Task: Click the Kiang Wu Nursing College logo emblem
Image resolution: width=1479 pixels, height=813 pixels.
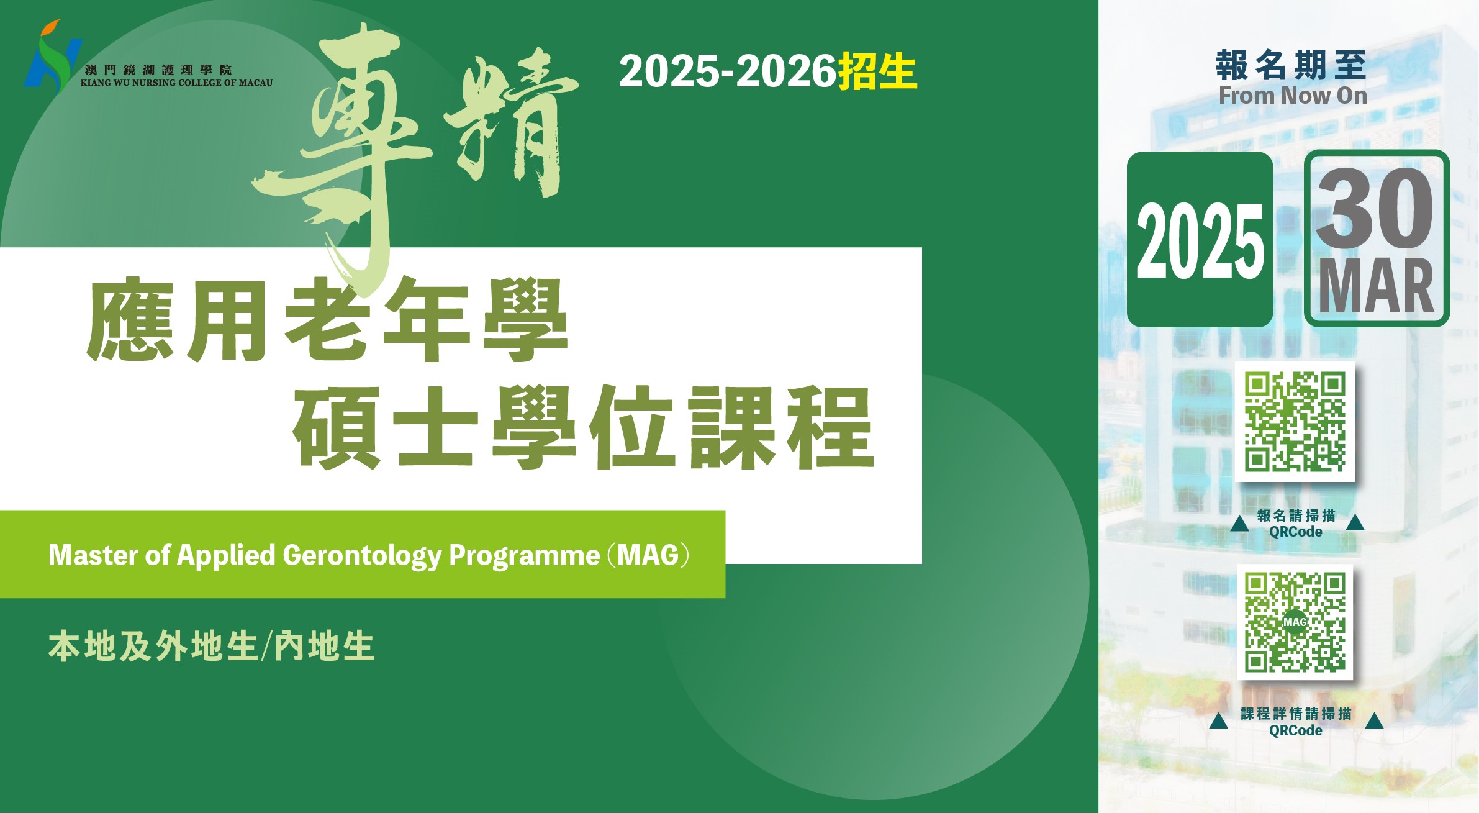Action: pos(53,57)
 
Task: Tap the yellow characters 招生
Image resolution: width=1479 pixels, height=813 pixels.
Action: pos(877,71)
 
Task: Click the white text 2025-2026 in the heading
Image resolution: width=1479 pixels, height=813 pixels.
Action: pos(728,71)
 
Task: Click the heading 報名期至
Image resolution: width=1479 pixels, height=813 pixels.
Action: pos(1291,65)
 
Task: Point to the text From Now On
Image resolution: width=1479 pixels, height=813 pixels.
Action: pos(1293,96)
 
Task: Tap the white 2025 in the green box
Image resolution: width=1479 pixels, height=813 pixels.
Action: pos(1200,241)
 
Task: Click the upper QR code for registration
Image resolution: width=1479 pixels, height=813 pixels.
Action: pos(1295,422)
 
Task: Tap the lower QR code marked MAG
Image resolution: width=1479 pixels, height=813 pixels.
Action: pos(1295,622)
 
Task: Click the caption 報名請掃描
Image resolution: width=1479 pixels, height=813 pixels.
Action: pos(1296,516)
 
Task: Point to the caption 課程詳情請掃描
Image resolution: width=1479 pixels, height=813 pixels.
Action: pos(1296,714)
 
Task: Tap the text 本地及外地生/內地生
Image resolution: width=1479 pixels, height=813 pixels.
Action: pos(212,647)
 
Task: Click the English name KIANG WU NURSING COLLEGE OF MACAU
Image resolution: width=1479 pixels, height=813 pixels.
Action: pos(176,83)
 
